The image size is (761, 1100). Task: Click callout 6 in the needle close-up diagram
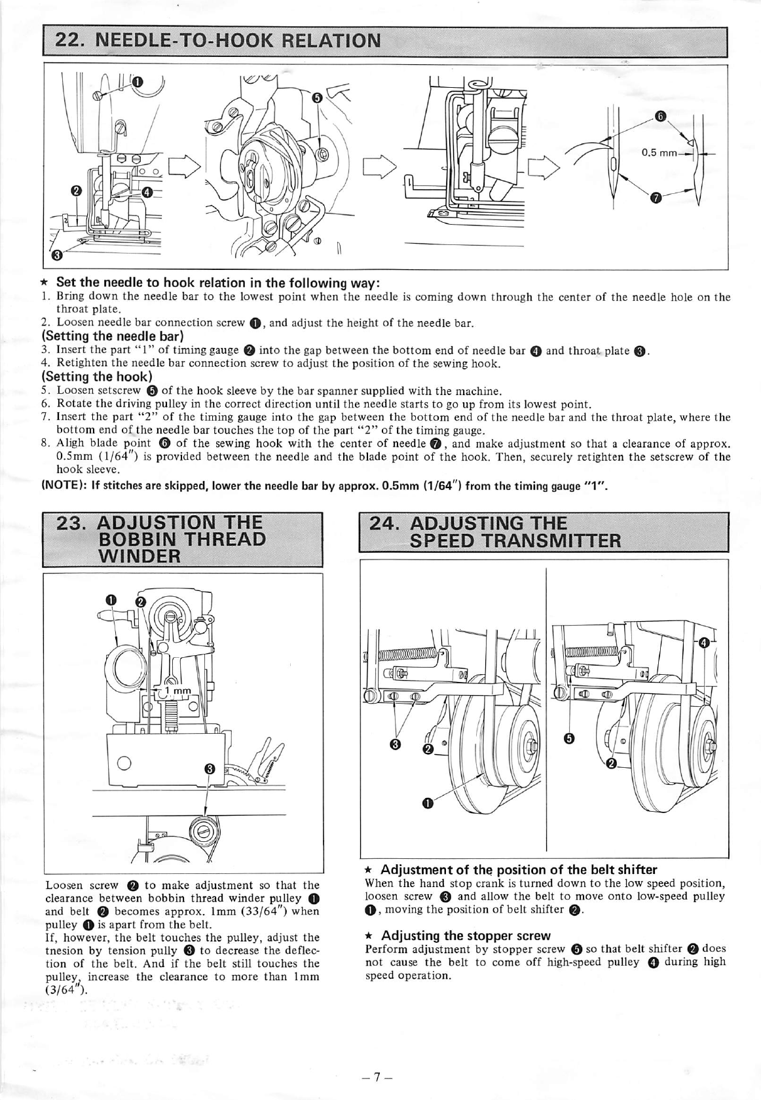pos(661,117)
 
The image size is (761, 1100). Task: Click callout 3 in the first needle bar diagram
pos(57,254)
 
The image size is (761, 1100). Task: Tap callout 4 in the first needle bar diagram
pos(147,192)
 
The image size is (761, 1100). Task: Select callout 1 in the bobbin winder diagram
pos(111,600)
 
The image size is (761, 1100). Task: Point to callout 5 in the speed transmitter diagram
pos(568,739)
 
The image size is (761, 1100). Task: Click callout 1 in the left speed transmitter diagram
pos(427,803)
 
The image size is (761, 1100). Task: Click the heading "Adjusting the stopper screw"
pos(466,935)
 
